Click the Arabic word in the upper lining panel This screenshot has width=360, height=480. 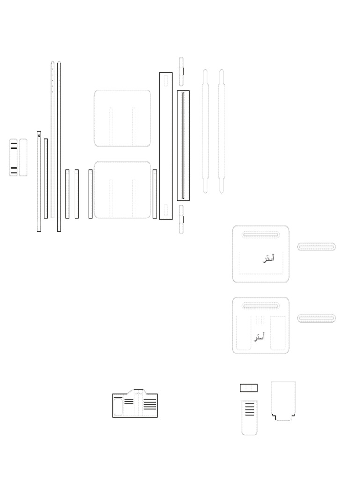click(x=269, y=258)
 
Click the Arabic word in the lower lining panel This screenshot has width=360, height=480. click(x=260, y=337)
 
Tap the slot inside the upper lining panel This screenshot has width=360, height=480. click(x=261, y=235)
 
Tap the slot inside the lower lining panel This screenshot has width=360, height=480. click(x=261, y=306)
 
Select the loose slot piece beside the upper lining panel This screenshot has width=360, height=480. click(x=316, y=247)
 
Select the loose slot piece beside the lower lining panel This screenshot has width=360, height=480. click(x=316, y=318)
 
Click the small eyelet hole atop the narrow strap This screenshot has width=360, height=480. click(x=39, y=135)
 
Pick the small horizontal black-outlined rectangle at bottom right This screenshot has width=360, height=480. click(x=249, y=388)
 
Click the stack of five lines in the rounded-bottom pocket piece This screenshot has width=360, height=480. click(x=250, y=409)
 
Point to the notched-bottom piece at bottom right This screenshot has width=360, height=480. click(x=283, y=401)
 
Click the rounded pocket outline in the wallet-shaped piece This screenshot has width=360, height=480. click(x=118, y=407)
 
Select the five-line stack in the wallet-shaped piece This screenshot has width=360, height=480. click(x=150, y=404)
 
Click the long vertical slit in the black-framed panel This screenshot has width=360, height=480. click(x=183, y=146)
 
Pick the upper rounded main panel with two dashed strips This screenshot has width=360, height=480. click(x=122, y=118)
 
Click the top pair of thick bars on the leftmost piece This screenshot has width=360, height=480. click(x=14, y=145)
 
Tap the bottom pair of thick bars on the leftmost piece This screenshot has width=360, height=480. click(x=14, y=170)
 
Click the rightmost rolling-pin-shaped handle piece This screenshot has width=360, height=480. click(x=221, y=131)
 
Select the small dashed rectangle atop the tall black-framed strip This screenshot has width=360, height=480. click(x=165, y=81)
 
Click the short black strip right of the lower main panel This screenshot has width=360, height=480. click(x=155, y=194)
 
